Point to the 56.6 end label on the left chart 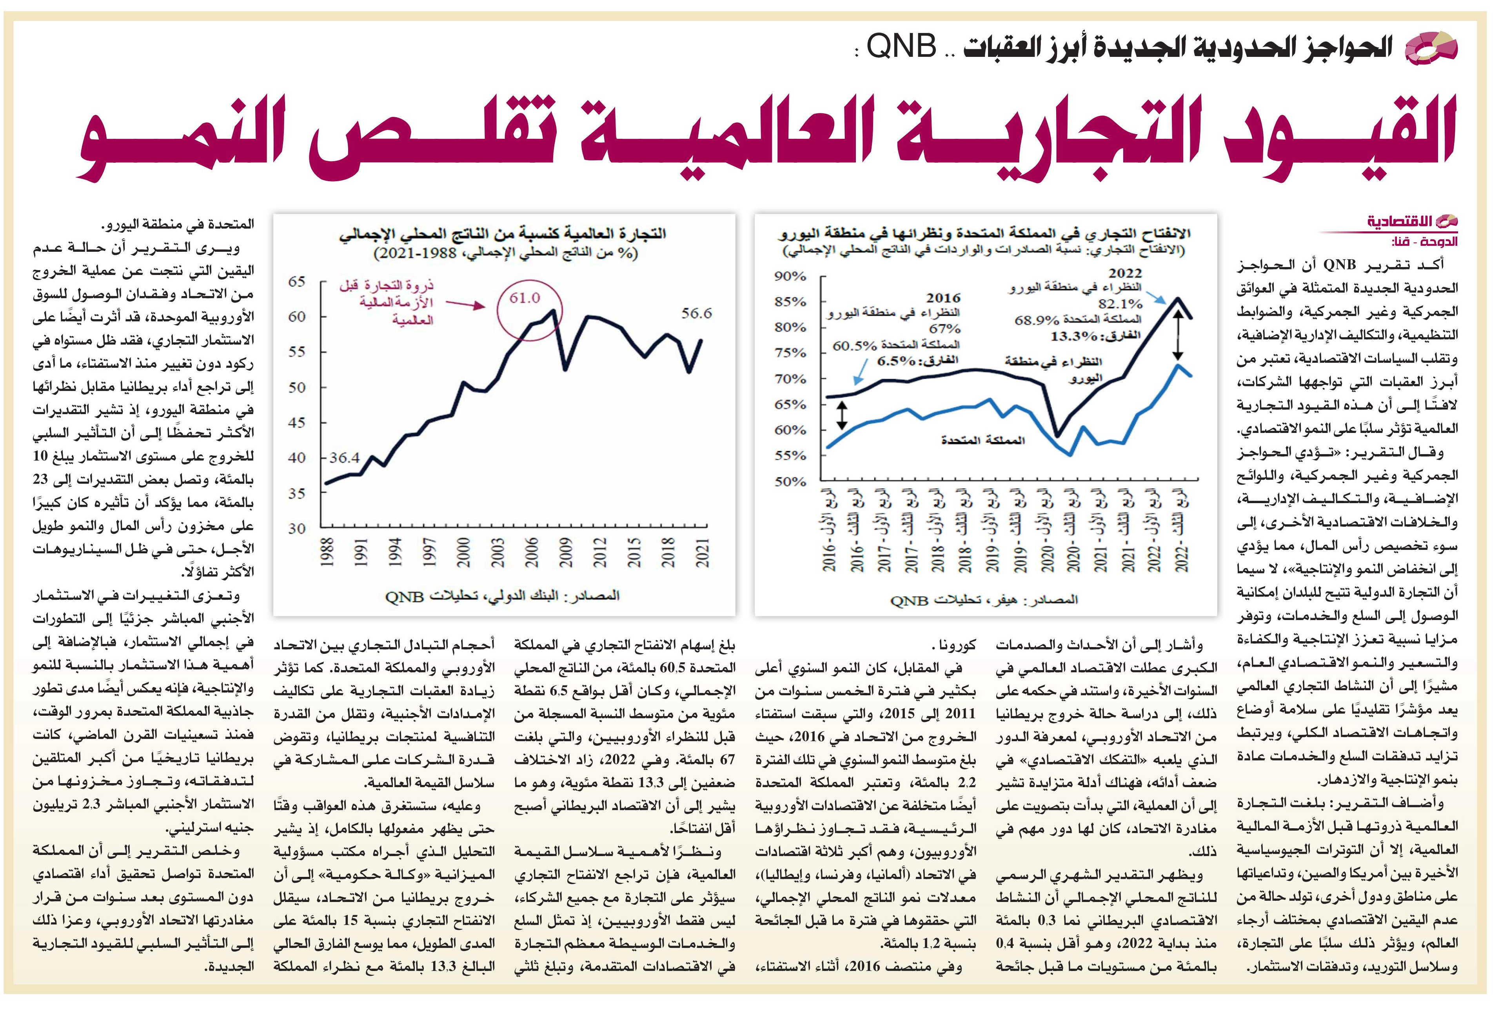tap(697, 313)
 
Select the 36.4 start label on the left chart tap(344, 458)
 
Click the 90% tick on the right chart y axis tap(791, 276)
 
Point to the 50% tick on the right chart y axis tap(791, 482)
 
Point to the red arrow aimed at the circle tap(465, 303)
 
